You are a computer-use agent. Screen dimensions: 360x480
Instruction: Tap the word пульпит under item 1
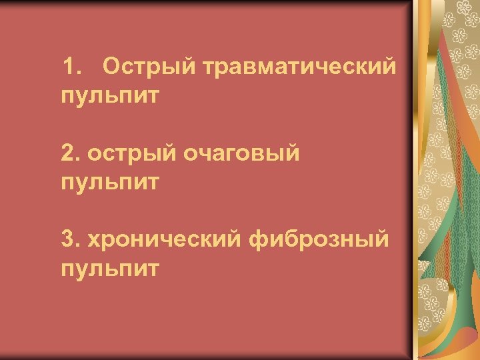pos(110,97)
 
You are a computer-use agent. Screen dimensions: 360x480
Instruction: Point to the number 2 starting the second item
pos(67,153)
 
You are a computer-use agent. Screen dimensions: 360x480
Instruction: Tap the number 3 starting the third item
pos(67,240)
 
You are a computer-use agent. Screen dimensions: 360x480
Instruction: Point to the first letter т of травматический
pos(209,68)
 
